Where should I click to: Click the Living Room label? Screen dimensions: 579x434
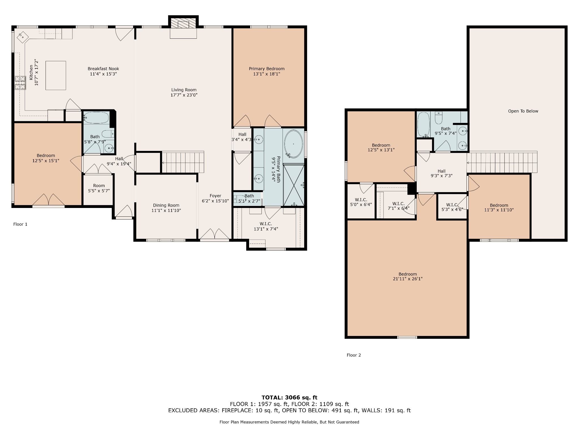[x=184, y=90]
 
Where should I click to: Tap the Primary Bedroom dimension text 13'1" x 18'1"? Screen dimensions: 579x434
[x=267, y=74]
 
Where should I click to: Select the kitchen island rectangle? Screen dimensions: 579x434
[x=56, y=75]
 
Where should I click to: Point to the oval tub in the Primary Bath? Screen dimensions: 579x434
[x=293, y=144]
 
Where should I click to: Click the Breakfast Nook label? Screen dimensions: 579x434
[x=103, y=69]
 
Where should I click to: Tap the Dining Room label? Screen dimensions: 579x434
[x=166, y=205]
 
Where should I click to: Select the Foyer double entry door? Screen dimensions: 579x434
[x=215, y=234]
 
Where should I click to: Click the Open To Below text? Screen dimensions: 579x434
[x=523, y=111]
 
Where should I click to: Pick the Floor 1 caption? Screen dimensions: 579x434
[x=20, y=224]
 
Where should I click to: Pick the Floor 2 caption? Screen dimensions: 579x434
[x=354, y=355]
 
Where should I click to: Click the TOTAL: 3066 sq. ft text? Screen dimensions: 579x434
[x=289, y=398]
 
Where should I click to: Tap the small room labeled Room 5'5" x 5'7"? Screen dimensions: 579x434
[x=99, y=189]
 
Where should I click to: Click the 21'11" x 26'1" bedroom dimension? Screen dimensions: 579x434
[x=408, y=279]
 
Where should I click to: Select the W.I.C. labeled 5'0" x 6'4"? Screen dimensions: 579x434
[x=361, y=201]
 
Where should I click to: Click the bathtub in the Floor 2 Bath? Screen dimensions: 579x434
[x=424, y=124]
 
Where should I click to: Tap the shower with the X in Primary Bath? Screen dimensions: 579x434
[x=294, y=185]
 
